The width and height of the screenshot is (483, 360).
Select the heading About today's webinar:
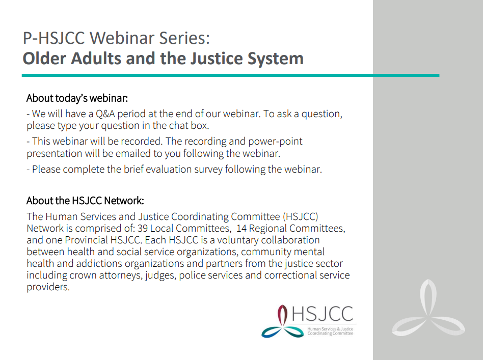(x=77, y=98)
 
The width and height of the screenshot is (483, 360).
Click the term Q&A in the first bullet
(x=105, y=114)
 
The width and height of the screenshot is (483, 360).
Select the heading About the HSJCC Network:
(x=85, y=201)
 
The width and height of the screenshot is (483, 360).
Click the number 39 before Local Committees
(x=143, y=229)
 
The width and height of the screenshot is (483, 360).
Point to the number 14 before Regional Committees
(x=242, y=229)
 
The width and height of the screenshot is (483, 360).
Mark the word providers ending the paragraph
(x=48, y=287)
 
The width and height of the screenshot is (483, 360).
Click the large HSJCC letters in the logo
(x=322, y=314)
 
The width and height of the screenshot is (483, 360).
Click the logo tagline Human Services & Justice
(x=330, y=329)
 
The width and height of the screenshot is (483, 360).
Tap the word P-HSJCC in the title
(x=54, y=38)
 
